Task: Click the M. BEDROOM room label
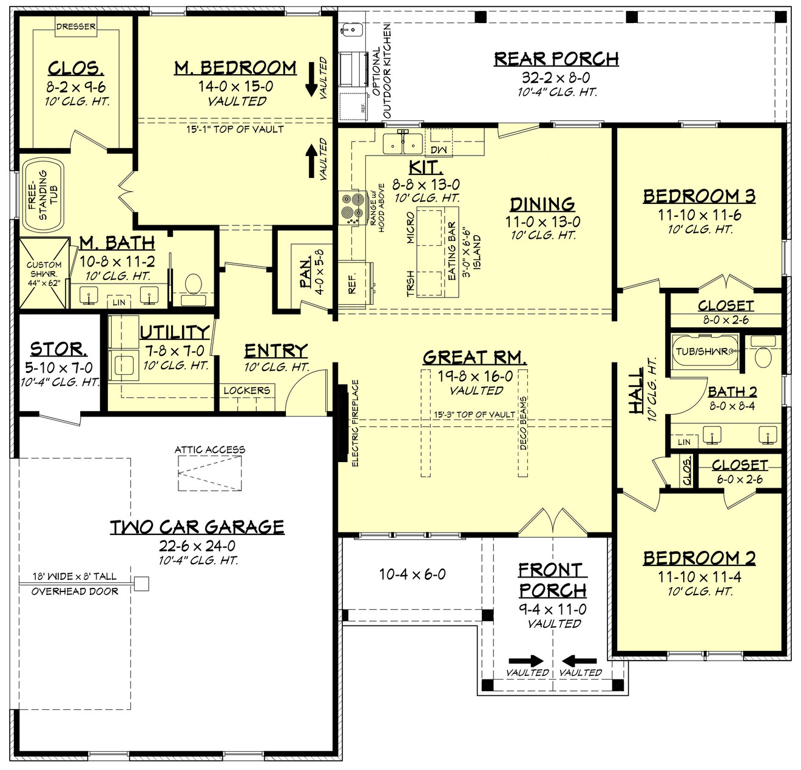(x=235, y=67)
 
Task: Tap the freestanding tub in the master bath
(x=43, y=195)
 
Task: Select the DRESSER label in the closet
(x=76, y=27)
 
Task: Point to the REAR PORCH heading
(x=556, y=59)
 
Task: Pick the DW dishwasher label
(x=438, y=150)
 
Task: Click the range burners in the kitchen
(x=349, y=208)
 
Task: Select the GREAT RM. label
(x=475, y=357)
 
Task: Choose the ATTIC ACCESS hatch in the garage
(x=209, y=472)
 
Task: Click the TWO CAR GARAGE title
(x=197, y=527)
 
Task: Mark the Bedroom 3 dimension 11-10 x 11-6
(x=699, y=215)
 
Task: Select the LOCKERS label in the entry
(x=246, y=390)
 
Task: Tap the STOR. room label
(x=58, y=349)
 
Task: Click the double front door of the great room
(x=552, y=523)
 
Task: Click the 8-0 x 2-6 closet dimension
(x=726, y=319)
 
